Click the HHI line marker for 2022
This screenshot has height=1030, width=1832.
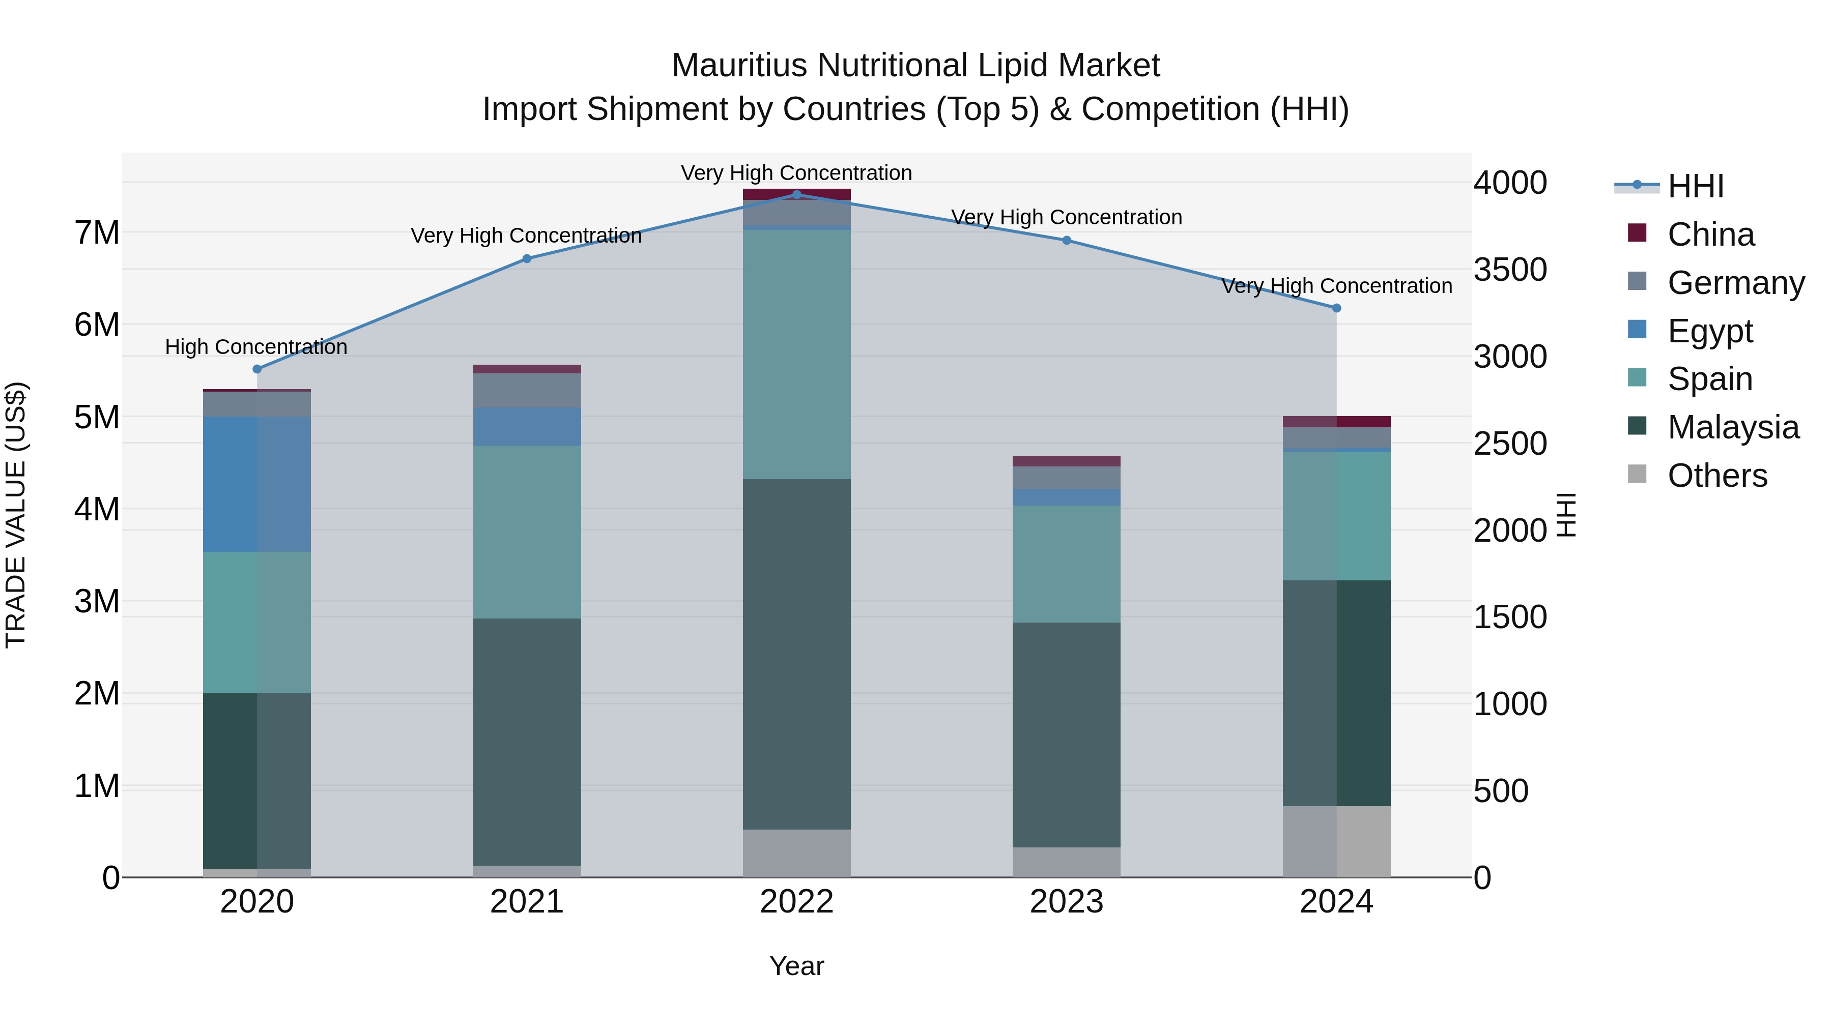click(796, 194)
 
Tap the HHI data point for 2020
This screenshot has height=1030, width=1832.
click(257, 369)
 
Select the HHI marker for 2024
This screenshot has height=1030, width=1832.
click(1336, 308)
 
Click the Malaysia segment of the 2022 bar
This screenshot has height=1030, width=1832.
click(796, 654)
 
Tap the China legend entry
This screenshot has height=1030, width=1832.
click(1710, 234)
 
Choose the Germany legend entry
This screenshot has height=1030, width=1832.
click(1735, 283)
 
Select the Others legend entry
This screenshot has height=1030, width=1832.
click(1717, 476)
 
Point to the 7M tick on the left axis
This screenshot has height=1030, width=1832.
click(97, 232)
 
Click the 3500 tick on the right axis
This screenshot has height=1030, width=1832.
click(1510, 270)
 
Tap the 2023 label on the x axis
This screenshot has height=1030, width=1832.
click(1066, 901)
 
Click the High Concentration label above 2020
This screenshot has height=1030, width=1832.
click(256, 347)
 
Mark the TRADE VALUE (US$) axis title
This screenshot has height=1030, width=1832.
click(16, 515)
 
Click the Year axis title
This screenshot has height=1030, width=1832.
click(796, 966)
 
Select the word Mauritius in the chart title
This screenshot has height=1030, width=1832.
click(739, 66)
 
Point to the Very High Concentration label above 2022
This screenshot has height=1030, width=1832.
click(796, 173)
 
